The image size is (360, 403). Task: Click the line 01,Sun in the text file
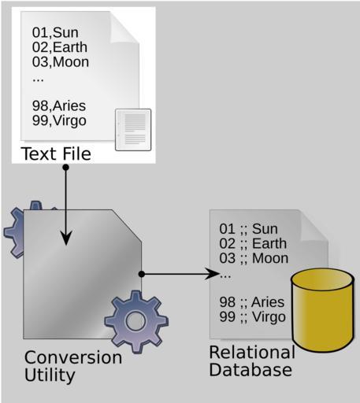pyautogui.click(x=55, y=33)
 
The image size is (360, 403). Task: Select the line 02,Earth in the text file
pyautogui.click(x=60, y=47)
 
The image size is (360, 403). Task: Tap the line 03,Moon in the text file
pyautogui.click(x=61, y=62)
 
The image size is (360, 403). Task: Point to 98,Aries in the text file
pyautogui.click(x=59, y=106)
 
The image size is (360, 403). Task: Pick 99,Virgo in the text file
pyautogui.click(x=59, y=120)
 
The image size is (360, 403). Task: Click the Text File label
pyautogui.click(x=56, y=153)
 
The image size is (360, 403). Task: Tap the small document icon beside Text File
pyautogui.click(x=133, y=130)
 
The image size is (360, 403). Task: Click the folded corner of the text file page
pyautogui.click(x=124, y=28)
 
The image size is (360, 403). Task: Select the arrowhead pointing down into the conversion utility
pyautogui.click(x=65, y=238)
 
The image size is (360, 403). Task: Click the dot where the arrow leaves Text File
pyautogui.click(x=65, y=167)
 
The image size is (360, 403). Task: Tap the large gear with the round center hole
pyautogui.click(x=136, y=321)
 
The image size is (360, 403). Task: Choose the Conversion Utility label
pyautogui.click(x=73, y=366)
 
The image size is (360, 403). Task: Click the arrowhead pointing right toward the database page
pyautogui.click(x=213, y=274)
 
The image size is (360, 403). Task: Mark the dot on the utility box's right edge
pyautogui.click(x=142, y=274)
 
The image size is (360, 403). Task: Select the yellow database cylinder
pyautogui.click(x=323, y=310)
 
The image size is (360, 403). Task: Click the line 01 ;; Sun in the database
pyautogui.click(x=248, y=229)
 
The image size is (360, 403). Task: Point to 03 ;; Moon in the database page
pyautogui.click(x=254, y=258)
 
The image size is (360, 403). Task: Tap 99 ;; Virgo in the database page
pyautogui.click(x=252, y=317)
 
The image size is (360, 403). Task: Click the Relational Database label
pyautogui.click(x=252, y=361)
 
